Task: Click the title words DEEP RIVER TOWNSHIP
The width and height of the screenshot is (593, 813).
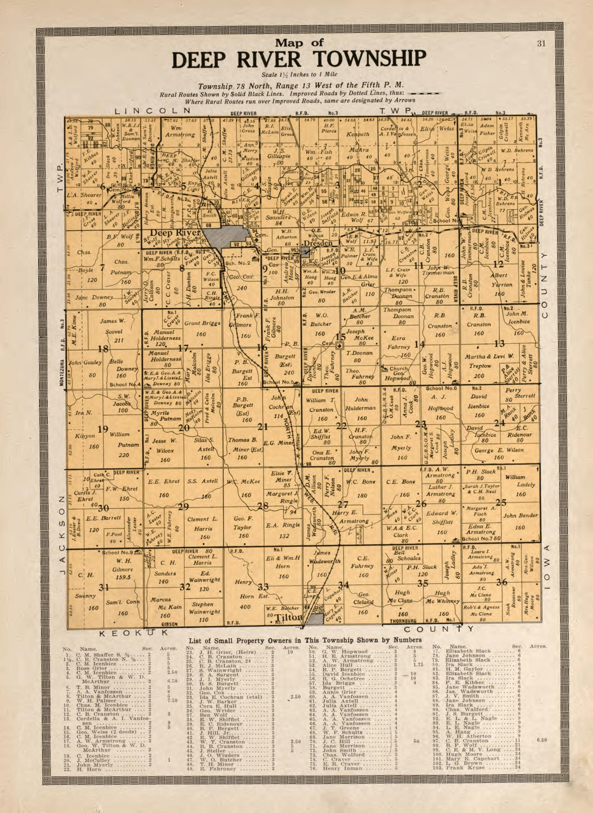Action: [x=298, y=59]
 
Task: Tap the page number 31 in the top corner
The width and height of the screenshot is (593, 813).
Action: [x=542, y=44]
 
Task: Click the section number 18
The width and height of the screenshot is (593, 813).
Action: [x=102, y=349]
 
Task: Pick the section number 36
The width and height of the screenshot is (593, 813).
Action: [x=501, y=582]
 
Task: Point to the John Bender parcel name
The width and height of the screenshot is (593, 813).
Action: [x=520, y=515]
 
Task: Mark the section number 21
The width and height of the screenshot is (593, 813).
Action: [x=263, y=427]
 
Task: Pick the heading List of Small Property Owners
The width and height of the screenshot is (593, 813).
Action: [x=296, y=640]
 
